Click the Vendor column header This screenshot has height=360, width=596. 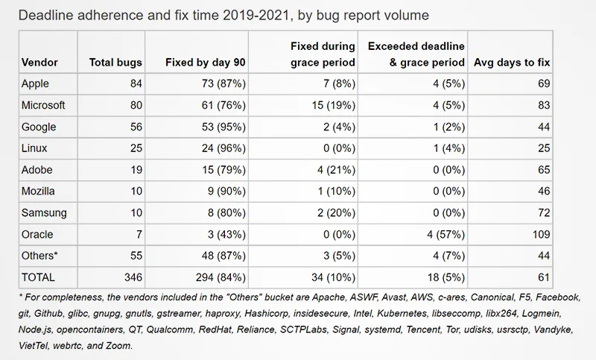tap(39, 63)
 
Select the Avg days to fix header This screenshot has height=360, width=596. tap(512, 63)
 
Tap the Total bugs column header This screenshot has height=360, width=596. tap(115, 63)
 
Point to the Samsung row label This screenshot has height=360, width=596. tap(44, 213)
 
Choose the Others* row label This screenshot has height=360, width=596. tap(39, 256)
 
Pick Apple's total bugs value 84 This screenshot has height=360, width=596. tap(136, 83)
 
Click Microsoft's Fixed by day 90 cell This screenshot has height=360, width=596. tap(223, 105)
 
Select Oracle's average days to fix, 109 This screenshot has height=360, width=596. tap(542, 234)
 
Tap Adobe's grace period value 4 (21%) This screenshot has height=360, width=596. tap(337, 170)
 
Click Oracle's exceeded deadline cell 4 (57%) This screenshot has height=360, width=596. tap(446, 235)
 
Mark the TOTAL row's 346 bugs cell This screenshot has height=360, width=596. tap(133, 277)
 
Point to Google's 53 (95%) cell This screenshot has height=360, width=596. tap(223, 127)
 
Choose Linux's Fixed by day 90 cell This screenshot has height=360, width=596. tap(223, 148)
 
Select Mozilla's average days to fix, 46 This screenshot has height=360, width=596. tap(544, 192)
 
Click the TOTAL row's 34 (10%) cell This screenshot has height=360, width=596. tap(333, 277)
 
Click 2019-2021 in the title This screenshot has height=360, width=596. tap(258, 15)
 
